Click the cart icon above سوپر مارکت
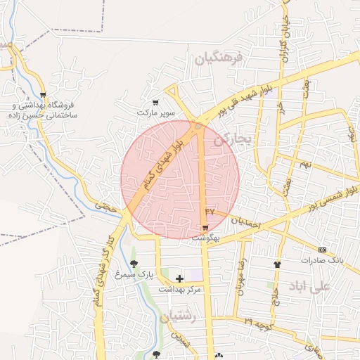click(155, 103)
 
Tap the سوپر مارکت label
click(155, 112)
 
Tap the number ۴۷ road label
click(209, 211)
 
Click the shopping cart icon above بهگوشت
click(205, 228)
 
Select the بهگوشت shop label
click(205, 238)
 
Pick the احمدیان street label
click(246, 221)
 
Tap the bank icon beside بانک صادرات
click(323, 250)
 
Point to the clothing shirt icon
click(276, 265)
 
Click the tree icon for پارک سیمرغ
click(134, 264)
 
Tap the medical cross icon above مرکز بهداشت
click(179, 278)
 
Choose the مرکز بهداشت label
click(179, 289)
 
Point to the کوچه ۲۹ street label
click(256, 323)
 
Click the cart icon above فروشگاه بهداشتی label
click(44, 94)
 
